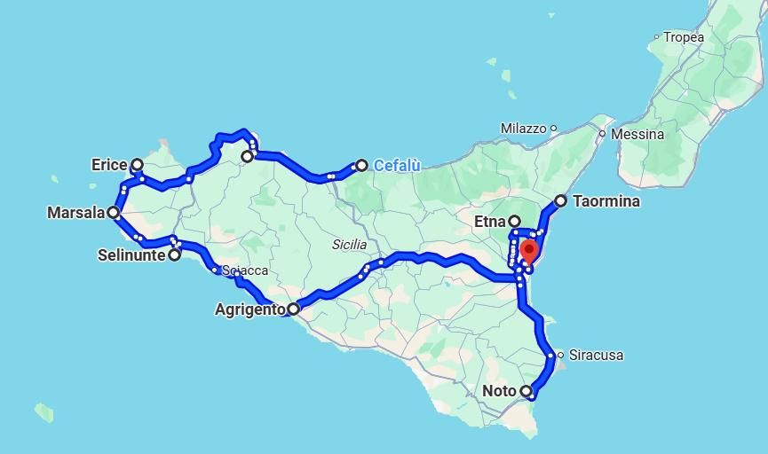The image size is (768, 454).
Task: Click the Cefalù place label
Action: pos(396,165)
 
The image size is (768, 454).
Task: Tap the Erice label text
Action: pos(109,164)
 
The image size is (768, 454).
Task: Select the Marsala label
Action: pos(76,213)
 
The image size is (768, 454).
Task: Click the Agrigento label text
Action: pos(250,309)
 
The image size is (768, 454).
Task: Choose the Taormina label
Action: pos(606,201)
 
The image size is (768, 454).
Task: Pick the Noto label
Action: pos(500,391)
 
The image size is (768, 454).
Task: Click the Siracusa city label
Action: pos(596,356)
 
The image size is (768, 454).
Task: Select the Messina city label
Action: pos(637,134)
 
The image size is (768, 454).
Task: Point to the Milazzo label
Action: pos(523,129)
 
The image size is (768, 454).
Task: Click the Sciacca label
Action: pos(245,270)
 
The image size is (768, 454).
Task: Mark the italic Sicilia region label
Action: pos(349,244)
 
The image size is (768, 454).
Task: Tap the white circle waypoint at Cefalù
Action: pos(361,165)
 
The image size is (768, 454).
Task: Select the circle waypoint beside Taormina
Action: pos(560,201)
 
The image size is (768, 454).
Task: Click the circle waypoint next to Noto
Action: pos(526,391)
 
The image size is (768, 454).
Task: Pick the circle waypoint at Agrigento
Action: pos(293,309)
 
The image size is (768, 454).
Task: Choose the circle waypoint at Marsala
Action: pos(114,213)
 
